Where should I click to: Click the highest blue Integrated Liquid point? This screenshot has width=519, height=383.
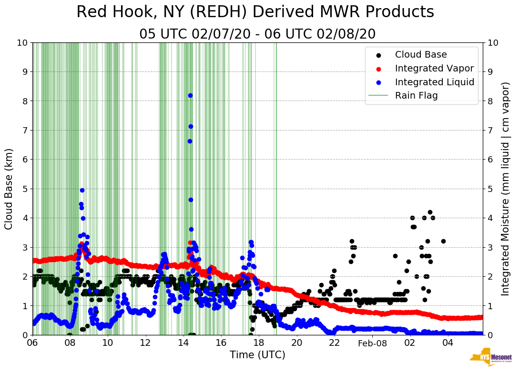(190, 95)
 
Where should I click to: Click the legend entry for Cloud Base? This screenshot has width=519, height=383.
(421, 55)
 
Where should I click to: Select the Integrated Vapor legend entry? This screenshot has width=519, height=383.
(434, 68)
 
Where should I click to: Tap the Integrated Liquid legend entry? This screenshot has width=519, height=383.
(434, 82)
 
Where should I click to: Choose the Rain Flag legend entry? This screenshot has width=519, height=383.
(416, 95)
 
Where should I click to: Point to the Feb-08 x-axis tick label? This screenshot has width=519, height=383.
(372, 343)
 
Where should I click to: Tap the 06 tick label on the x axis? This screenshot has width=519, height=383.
(32, 343)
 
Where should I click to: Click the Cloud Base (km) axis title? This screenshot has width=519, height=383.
(9, 189)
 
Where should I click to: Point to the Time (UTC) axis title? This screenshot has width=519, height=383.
(257, 355)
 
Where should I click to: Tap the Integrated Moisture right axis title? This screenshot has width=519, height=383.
(506, 189)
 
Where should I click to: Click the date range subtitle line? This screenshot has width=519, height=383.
(257, 34)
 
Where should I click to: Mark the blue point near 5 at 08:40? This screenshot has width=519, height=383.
(82, 190)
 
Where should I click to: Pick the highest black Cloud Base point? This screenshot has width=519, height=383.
(430, 212)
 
